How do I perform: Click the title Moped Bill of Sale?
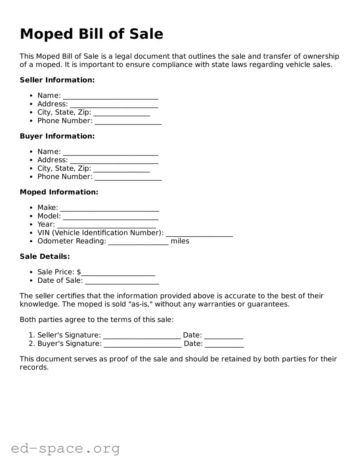point(92,34)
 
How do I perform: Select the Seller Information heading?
point(57,80)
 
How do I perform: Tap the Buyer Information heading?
point(57,136)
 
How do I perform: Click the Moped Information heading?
point(59,192)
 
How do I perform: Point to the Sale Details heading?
point(45,256)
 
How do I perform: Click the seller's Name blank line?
point(111,96)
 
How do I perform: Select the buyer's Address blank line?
point(114,161)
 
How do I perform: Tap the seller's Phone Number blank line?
point(128,122)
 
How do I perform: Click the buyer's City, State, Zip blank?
point(121,169)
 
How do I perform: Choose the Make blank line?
point(109,208)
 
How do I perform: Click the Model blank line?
point(111,217)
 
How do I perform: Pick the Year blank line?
point(107,225)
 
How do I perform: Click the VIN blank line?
point(199,233)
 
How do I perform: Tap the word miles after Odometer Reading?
point(180,241)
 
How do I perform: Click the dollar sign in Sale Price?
point(79,272)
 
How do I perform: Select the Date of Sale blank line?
point(122,281)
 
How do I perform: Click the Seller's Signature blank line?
point(142,336)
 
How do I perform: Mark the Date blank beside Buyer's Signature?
point(224,344)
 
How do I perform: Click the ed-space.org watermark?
point(65,449)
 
